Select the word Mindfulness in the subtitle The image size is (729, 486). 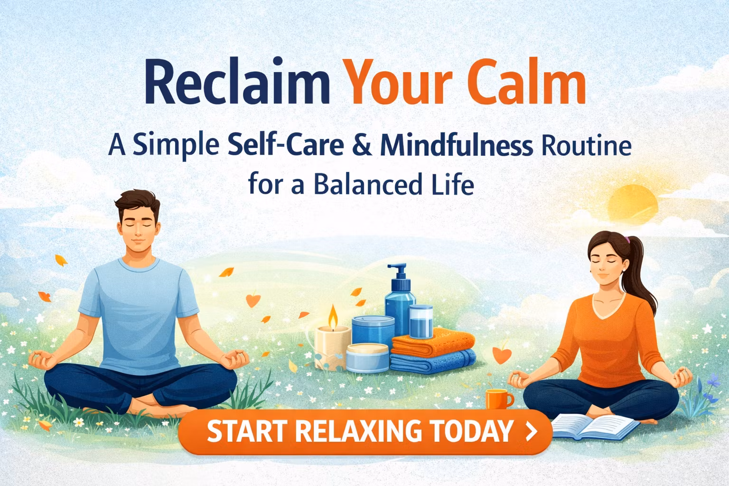456,146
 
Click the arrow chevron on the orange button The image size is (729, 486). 532,431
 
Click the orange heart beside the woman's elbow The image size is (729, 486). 500,354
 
